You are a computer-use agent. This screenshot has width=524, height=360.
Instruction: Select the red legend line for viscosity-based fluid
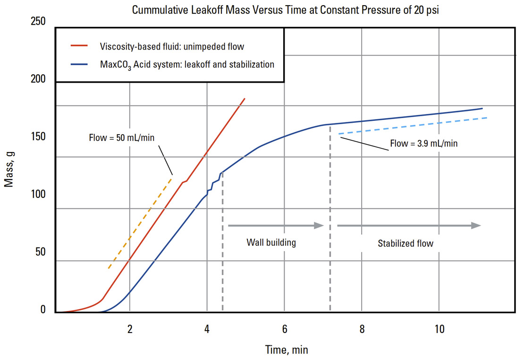(79, 47)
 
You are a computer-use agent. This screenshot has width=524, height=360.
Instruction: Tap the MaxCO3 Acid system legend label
(187, 64)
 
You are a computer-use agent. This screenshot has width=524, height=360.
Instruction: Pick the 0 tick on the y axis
(43, 310)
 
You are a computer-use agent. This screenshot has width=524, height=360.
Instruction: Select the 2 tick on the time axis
(130, 329)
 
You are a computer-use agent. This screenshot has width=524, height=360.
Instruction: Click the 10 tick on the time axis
(439, 329)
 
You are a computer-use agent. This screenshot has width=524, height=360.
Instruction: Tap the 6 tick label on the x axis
(284, 329)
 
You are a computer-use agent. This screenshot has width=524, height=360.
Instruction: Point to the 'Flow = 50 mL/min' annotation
(122, 138)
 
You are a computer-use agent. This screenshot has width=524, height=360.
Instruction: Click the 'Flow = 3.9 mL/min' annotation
(423, 143)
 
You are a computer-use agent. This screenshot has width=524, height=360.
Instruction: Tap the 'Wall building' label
(271, 243)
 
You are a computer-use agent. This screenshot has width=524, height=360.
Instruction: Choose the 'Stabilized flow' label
(406, 244)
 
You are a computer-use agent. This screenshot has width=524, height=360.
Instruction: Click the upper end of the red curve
(245, 99)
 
